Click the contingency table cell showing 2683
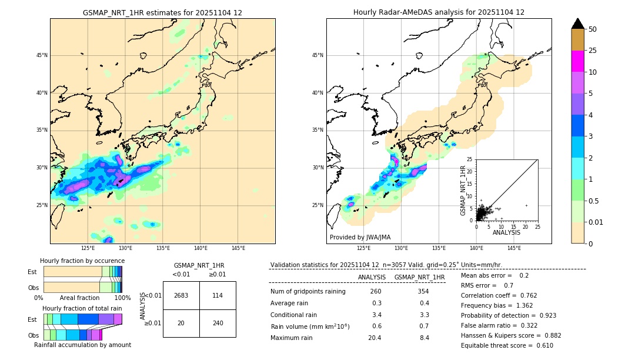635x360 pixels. click(181, 295)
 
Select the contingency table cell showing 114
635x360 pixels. click(218, 295)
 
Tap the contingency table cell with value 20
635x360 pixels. click(181, 323)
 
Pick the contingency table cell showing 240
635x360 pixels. click(218, 323)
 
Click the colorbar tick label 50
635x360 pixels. click(593, 29)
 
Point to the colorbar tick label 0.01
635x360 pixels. click(596, 222)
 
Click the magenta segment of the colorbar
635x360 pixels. click(578, 61)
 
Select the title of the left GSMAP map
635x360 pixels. click(162, 12)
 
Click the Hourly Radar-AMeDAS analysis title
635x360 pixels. click(439, 12)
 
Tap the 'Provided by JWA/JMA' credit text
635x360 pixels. click(360, 237)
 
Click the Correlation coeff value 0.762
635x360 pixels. click(525, 295)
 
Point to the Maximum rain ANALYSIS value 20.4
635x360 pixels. click(374, 338)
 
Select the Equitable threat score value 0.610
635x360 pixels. click(541, 345)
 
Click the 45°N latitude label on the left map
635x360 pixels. click(42, 55)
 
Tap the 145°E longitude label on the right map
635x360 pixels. click(514, 248)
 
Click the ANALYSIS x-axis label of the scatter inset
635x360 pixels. click(506, 232)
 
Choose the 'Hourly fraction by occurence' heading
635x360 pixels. click(82, 261)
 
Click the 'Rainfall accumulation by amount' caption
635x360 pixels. click(82, 345)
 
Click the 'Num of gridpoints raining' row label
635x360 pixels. click(308, 291)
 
